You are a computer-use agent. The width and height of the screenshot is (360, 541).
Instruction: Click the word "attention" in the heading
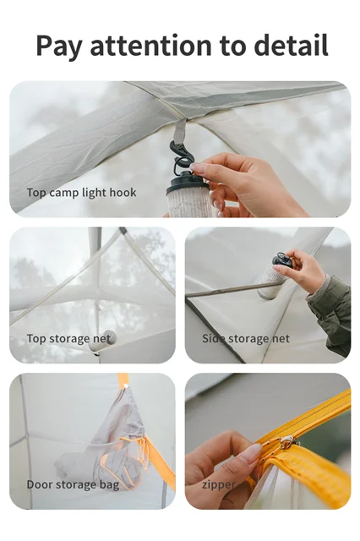[x=150, y=46]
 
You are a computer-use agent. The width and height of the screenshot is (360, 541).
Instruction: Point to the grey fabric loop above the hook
[x=179, y=131]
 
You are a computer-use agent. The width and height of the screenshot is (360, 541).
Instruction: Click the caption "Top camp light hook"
[x=81, y=193]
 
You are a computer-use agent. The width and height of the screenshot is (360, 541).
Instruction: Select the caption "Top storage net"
[x=69, y=339]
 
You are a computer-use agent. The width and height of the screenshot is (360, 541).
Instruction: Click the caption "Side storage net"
[x=246, y=339]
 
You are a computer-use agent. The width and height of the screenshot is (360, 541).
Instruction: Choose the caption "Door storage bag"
[x=73, y=484]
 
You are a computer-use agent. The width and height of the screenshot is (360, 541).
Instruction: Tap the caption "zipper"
[x=219, y=485]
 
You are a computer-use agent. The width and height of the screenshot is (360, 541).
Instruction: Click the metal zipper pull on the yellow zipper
[x=286, y=441]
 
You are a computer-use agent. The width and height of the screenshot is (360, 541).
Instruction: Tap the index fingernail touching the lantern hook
[x=198, y=168]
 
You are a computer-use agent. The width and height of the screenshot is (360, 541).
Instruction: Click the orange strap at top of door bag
[x=123, y=380]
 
